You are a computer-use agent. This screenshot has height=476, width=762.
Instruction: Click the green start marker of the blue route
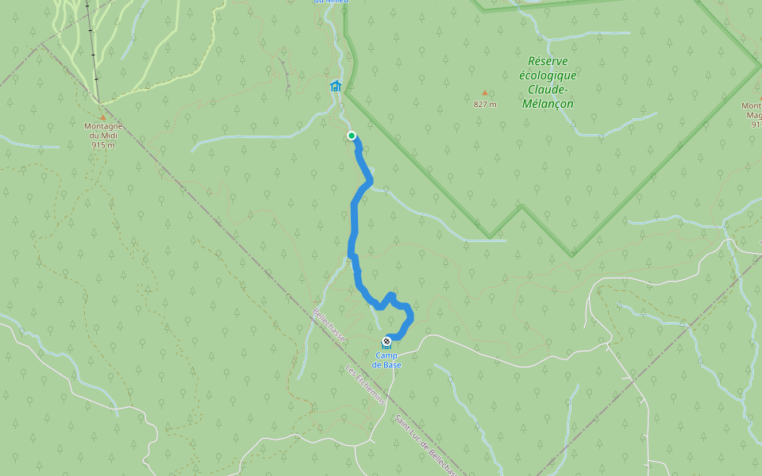click(352, 136)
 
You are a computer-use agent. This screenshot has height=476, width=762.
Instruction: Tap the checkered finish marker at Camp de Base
click(387, 340)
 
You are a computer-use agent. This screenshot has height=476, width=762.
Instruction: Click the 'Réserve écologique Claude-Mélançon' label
click(548, 83)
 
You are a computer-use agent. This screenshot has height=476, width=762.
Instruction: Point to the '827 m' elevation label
click(485, 104)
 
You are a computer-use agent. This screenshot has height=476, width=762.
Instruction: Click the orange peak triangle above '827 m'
click(485, 93)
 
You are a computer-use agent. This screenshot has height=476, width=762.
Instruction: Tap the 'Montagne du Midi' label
click(103, 131)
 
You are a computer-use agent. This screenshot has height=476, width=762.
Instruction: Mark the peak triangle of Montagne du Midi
click(102, 117)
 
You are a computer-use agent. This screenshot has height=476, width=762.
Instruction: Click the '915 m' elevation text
click(103, 145)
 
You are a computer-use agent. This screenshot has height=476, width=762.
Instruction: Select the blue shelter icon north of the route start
click(335, 86)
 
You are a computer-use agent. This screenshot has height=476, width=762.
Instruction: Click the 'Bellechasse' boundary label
click(329, 325)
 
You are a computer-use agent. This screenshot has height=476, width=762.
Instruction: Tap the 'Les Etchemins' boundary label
click(366, 385)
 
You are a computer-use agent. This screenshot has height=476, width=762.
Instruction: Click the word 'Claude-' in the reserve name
click(548, 90)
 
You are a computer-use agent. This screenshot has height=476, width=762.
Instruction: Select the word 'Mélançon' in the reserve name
click(548, 104)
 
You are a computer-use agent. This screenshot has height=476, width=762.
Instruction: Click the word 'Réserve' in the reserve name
click(548, 61)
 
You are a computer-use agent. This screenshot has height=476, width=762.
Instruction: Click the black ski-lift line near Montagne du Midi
click(93, 48)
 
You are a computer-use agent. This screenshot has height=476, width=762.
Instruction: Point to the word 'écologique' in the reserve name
click(548, 75)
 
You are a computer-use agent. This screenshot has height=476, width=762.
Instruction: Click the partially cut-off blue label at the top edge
click(331, 2)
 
